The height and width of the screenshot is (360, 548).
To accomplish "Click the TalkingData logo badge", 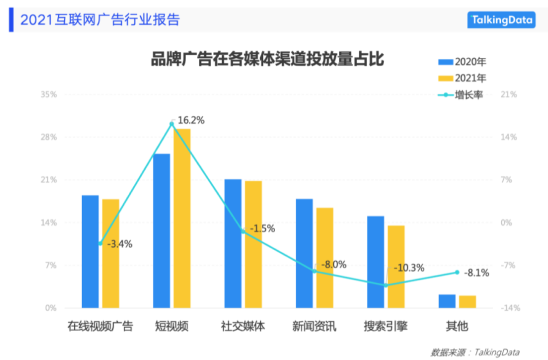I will click(x=501, y=20).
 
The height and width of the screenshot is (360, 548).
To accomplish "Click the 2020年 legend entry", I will click(x=462, y=62).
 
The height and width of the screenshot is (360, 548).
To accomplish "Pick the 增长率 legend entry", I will click(x=461, y=95).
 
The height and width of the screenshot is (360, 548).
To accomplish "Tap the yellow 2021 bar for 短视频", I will click(x=182, y=218).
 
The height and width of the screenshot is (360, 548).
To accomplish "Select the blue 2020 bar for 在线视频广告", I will click(x=90, y=251).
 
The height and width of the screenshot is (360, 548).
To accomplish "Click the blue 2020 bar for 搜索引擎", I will click(x=376, y=262).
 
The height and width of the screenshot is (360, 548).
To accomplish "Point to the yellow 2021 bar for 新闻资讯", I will click(x=325, y=257).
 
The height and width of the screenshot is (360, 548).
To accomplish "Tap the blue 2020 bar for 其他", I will click(x=447, y=301).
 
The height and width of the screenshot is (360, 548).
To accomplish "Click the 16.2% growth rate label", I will click(x=191, y=120).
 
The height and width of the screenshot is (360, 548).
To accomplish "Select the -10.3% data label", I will click(x=408, y=268).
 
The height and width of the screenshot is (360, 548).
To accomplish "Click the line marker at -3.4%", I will click(x=100, y=243).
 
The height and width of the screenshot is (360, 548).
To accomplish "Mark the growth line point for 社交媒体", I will click(x=243, y=231).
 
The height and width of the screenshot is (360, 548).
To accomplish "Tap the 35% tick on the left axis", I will click(x=49, y=95).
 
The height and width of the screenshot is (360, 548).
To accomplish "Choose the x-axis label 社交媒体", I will click(x=243, y=326).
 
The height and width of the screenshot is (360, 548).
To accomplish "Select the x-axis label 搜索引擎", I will click(x=386, y=326).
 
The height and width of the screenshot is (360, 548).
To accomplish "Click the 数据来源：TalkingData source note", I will click(x=475, y=352).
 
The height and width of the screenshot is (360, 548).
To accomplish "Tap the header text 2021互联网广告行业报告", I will click(x=100, y=20).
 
